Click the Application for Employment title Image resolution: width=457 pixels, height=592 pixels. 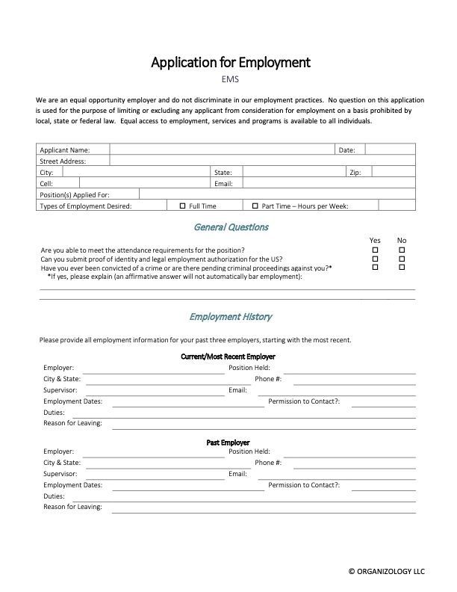[x=230, y=62]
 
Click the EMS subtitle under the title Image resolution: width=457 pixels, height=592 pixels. [x=230, y=79]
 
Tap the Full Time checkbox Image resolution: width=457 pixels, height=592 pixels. [x=183, y=205]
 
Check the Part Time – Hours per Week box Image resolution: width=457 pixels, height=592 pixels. [x=255, y=205]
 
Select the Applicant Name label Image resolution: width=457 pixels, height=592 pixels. [x=65, y=149]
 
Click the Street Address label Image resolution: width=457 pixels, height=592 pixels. [x=63, y=161]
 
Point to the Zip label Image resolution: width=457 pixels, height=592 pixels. [x=355, y=172]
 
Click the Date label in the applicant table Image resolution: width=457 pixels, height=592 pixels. [x=346, y=149]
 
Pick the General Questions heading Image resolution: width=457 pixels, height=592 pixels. [x=231, y=226]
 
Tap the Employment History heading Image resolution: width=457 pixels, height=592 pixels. [x=230, y=317]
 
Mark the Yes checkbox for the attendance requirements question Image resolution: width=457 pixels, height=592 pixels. [x=376, y=250]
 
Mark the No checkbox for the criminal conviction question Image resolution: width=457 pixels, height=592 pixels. [x=402, y=267]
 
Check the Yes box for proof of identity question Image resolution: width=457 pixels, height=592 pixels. [x=376, y=258]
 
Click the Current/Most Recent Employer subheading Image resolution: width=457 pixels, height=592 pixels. [x=228, y=357]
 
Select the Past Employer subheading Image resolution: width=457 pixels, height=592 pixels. [x=228, y=443]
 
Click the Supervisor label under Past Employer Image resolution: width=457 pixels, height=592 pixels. [x=60, y=474]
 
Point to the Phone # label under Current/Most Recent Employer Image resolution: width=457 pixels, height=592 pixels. [x=268, y=379]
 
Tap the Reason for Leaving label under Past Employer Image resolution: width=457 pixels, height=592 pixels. [x=72, y=507]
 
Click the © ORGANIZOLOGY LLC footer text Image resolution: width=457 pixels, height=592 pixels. [x=386, y=571]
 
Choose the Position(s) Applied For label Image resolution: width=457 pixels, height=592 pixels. [x=75, y=194]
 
